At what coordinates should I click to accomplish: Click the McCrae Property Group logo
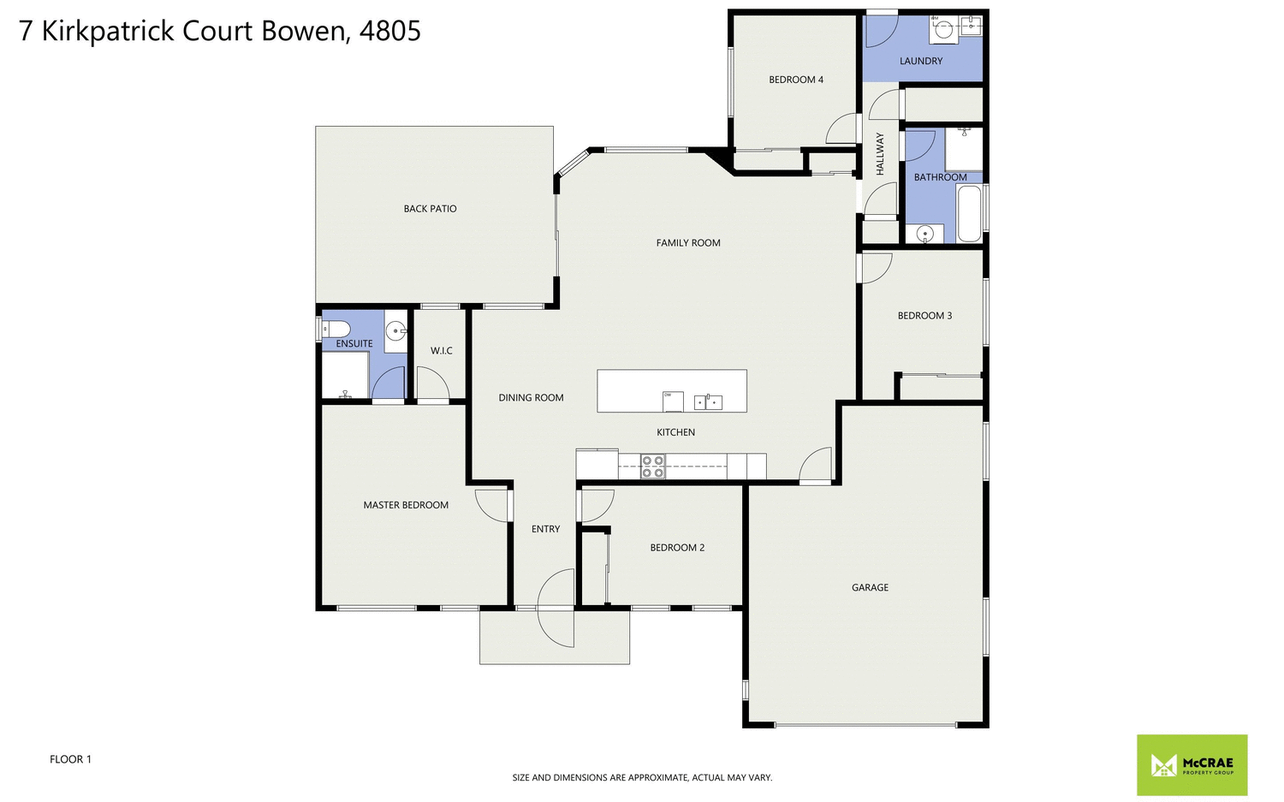1192,764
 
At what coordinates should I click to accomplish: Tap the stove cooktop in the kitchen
653,466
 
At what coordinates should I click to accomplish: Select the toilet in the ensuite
336,329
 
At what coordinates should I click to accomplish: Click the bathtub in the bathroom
969,214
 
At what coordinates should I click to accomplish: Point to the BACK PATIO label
430,209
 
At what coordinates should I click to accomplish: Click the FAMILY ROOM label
688,243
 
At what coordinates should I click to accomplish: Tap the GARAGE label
870,587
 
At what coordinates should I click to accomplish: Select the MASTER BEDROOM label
406,505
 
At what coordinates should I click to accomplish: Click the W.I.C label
442,351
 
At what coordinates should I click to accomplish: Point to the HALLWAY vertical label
880,154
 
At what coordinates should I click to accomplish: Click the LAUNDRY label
921,61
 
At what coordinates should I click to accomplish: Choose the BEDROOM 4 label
796,80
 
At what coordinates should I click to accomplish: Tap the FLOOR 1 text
70,759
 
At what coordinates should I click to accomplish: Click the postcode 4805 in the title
390,32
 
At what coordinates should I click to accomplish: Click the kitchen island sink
708,401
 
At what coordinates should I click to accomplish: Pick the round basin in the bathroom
924,234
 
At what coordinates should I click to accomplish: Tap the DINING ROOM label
531,398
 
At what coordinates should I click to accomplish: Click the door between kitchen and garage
817,466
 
